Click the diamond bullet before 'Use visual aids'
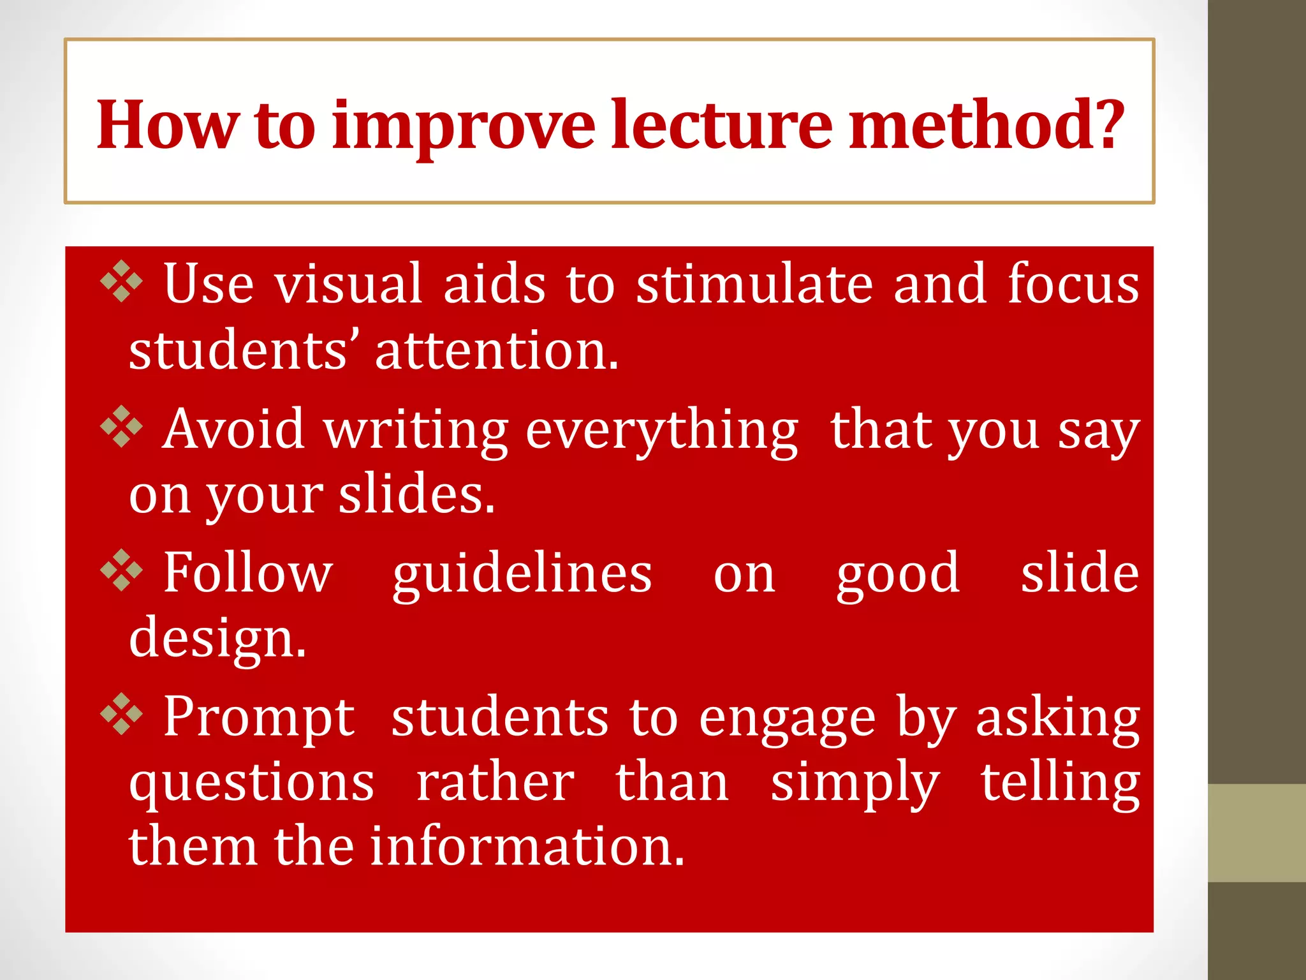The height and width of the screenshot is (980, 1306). [121, 281]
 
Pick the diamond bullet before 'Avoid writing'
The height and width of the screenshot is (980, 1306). [121, 426]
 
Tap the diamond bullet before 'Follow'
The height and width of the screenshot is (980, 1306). [121, 570]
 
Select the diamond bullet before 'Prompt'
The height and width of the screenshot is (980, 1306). [121, 714]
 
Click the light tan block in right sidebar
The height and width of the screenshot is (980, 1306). [1256, 833]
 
